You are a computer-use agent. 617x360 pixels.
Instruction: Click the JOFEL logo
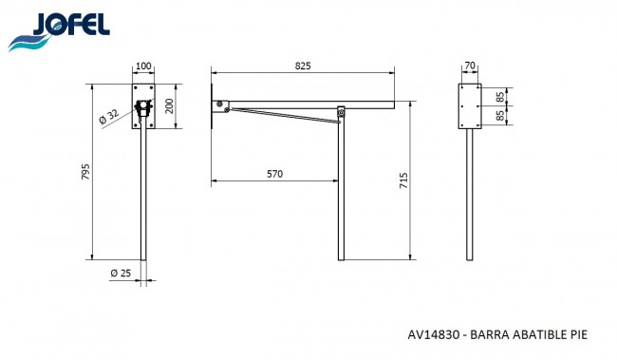coord(59,31)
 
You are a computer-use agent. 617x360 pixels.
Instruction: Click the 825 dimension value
coord(303,66)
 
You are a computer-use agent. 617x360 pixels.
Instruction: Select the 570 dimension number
coord(274,174)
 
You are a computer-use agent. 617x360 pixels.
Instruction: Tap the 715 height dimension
coord(403,180)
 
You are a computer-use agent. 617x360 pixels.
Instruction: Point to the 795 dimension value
coord(85,172)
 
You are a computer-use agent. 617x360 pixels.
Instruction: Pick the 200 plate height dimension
coord(169,106)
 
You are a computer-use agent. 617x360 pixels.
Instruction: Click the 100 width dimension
coord(143,66)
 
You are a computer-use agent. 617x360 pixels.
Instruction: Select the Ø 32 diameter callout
coord(108,116)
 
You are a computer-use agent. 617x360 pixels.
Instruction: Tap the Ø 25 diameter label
coord(121,273)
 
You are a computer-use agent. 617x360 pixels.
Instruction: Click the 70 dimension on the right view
coord(470,66)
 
